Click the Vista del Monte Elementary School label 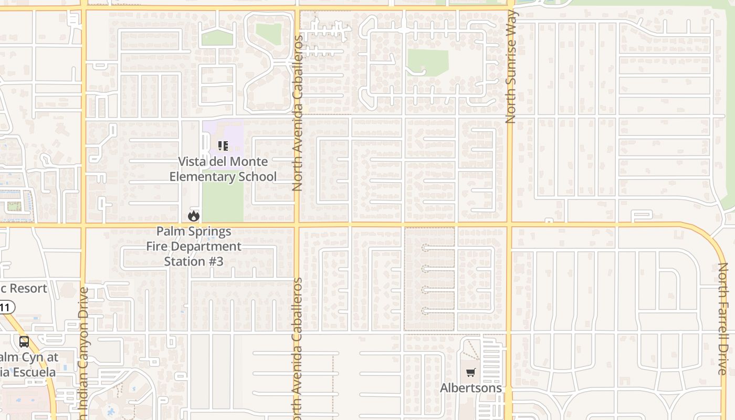click(x=223, y=169)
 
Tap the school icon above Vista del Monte click(x=223, y=145)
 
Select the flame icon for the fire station click(x=194, y=216)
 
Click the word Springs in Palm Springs click(x=210, y=231)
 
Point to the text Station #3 click(x=194, y=261)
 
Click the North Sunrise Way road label click(x=511, y=73)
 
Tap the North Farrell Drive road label click(x=723, y=319)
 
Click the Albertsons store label click(x=471, y=388)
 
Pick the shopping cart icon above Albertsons click(x=470, y=373)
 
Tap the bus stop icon click(x=24, y=342)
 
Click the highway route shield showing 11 click(x=6, y=308)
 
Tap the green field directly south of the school click(x=223, y=202)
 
